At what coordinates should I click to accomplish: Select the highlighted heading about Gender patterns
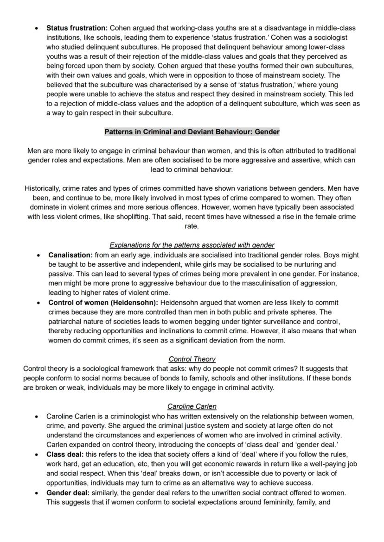[192, 132]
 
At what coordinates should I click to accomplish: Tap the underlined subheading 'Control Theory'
[192, 359]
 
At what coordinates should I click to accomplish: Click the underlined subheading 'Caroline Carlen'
[192, 406]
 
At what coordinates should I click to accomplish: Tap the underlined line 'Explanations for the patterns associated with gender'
[192, 245]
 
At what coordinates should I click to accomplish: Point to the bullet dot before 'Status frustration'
[37, 29]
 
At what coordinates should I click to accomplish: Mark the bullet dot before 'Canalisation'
[38, 255]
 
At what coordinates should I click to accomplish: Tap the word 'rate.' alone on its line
[192, 226]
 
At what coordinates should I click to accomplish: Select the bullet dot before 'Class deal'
[37, 455]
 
